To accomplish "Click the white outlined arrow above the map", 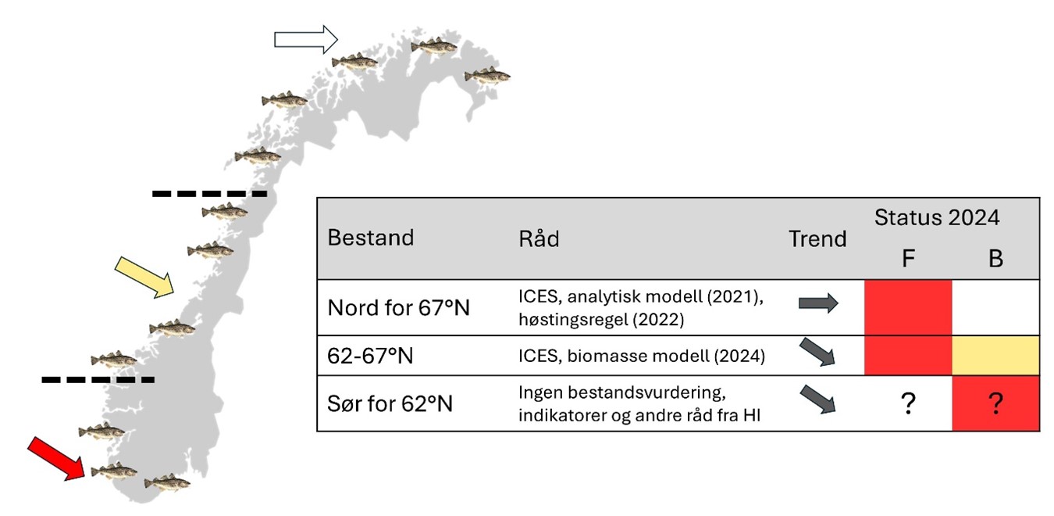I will [305, 38].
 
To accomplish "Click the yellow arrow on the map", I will [145, 276].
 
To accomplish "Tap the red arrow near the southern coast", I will [56, 458].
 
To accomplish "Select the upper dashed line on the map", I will [209, 193].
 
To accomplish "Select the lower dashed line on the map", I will [98, 380].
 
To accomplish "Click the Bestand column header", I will [370, 238].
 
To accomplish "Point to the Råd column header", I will [539, 238].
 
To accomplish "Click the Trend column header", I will [817, 238].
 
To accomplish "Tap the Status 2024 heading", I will [937, 217].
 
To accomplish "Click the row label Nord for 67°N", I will [398, 307].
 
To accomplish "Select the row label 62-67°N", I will [370, 357].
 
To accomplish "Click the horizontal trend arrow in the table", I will [817, 303].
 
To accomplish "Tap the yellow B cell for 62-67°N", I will [995, 356].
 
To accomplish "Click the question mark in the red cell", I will [995, 404].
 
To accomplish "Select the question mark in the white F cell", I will [907, 404].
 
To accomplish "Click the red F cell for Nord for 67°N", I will [908, 307].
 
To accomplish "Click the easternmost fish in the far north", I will [487, 75].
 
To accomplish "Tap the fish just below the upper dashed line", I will [225, 211].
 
